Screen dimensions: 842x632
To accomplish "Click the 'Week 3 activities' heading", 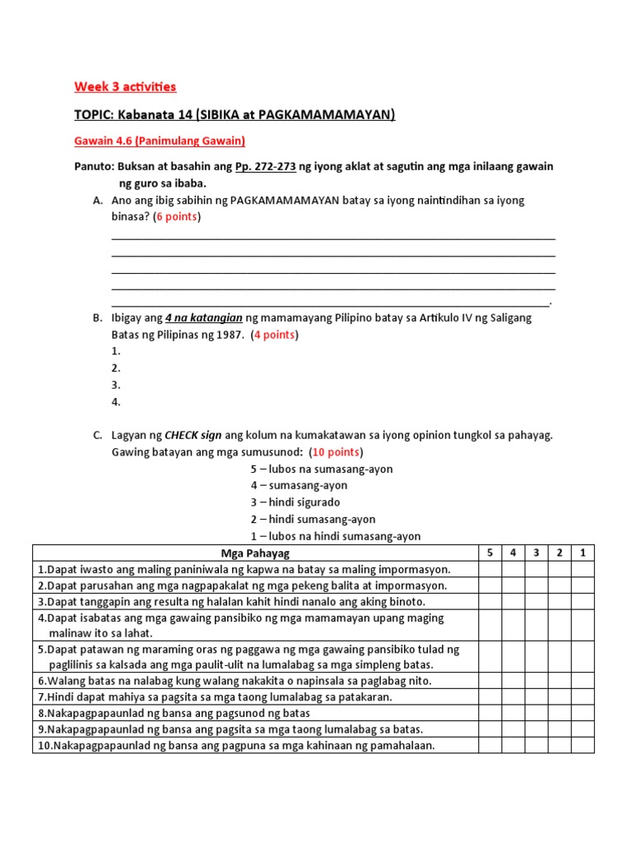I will [125, 86].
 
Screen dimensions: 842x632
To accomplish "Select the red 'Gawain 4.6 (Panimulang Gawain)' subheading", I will [160, 141].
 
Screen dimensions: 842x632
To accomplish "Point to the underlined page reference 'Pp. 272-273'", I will [265, 166].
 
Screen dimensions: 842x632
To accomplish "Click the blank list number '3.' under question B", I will [116, 385].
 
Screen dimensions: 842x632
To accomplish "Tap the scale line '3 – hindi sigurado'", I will [295, 502].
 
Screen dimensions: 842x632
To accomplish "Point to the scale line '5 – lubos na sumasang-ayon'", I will [322, 469].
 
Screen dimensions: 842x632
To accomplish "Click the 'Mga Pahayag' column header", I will [256, 553].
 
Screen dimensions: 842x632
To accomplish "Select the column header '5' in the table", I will [490, 553].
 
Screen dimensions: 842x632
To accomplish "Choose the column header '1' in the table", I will [583, 553].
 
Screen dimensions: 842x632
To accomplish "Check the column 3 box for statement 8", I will [536, 713].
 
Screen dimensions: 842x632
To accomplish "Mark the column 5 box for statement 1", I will [490, 569].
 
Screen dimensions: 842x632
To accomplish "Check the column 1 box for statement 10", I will [583, 745].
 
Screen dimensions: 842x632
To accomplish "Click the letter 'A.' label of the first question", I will [98, 200].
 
